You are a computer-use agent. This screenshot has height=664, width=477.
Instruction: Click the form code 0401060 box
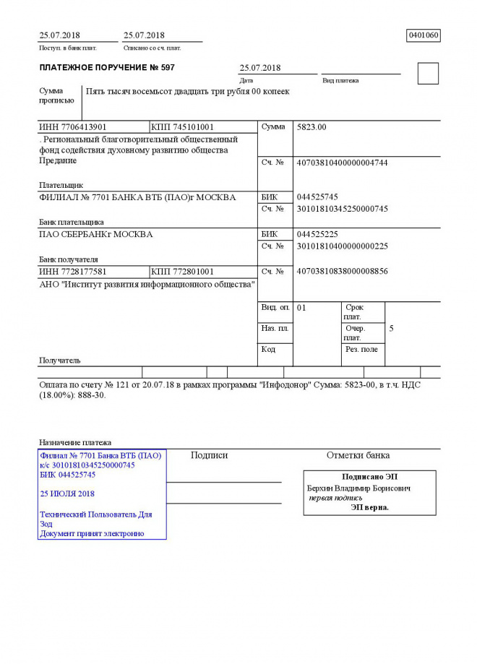[x=424, y=35]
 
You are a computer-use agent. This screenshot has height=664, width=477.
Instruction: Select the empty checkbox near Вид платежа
[x=428, y=73]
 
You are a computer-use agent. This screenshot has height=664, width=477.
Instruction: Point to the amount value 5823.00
[x=311, y=127]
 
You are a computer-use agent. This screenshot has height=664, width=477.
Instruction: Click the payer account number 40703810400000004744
[x=342, y=163]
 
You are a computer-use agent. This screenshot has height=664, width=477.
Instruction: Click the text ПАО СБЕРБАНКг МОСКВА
[x=95, y=234]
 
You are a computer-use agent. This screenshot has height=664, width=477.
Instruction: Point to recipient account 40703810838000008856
[x=342, y=272]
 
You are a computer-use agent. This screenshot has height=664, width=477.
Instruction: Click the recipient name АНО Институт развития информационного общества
[x=147, y=285]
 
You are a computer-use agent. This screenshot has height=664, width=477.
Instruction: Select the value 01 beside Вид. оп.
[x=302, y=308]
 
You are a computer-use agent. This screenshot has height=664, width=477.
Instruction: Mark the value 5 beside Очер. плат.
[x=391, y=329]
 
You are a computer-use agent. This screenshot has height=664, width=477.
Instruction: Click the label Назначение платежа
[x=75, y=442]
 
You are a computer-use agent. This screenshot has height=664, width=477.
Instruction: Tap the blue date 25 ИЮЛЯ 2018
[x=68, y=494]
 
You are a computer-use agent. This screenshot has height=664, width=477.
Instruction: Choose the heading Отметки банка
[x=358, y=455]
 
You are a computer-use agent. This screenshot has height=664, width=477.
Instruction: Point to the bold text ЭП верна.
[x=369, y=507]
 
